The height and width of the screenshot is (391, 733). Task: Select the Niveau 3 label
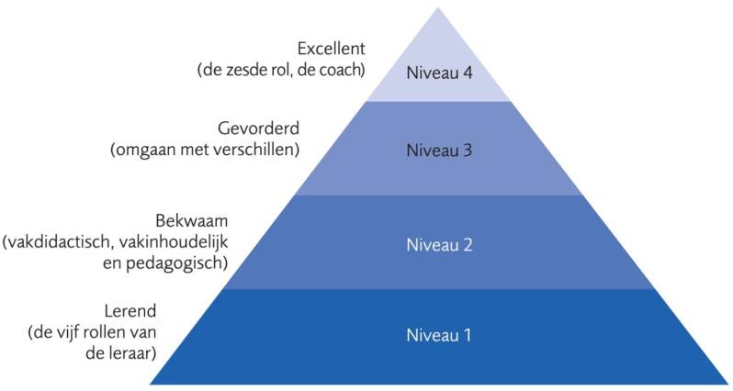coord(438,151)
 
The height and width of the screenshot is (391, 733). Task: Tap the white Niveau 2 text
coord(438,245)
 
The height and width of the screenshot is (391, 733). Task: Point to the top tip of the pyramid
coord(439,8)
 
